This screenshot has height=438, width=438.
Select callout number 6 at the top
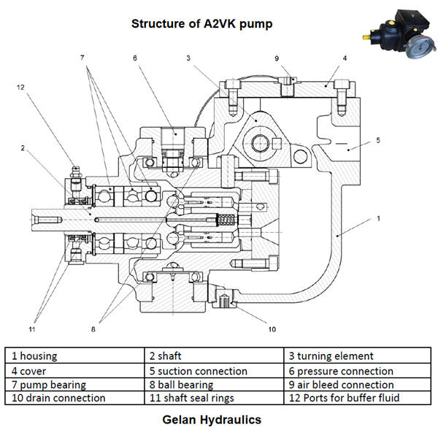pos(135,57)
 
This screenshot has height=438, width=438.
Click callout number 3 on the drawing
pos(188,57)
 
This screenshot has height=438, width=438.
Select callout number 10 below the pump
pos(271,329)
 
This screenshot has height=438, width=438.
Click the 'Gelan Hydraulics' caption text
pos(212,420)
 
